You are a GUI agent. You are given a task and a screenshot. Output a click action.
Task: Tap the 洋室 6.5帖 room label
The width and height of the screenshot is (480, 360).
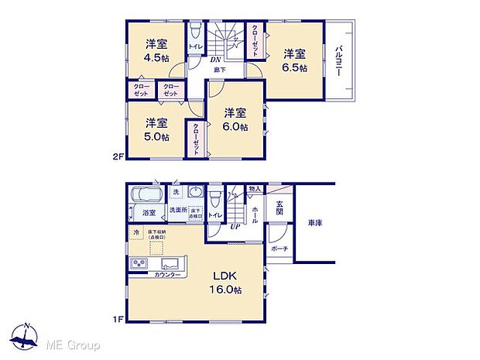[x=293, y=60]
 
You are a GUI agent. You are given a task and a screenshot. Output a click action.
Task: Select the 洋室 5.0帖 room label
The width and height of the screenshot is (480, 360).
[x=156, y=129]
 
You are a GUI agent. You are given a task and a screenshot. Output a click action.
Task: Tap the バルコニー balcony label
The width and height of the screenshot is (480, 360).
[x=339, y=60]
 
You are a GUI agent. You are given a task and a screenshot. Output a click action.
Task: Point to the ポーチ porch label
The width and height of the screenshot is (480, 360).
[x=279, y=249]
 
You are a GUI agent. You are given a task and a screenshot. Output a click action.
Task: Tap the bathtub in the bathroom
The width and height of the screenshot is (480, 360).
[x=146, y=194]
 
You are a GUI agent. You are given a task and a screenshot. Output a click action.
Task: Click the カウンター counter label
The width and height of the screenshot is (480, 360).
[x=167, y=276]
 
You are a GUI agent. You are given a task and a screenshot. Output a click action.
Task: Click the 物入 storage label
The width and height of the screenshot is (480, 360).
[x=255, y=188]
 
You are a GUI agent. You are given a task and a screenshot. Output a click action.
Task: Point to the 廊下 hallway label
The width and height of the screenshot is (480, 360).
[x=221, y=70]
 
